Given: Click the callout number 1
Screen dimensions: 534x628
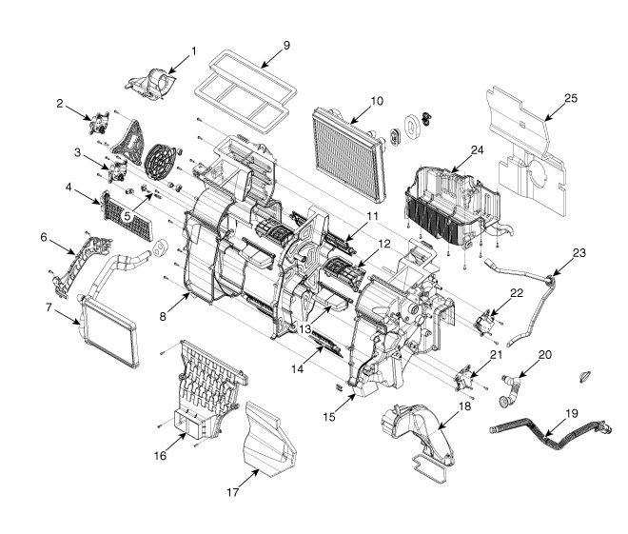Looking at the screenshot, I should coord(193,49).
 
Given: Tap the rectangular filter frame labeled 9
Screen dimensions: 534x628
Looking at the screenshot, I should coord(243,86).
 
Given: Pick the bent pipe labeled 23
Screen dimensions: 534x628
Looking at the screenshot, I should coord(533,305).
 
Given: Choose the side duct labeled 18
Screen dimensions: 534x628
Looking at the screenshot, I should coord(419,434).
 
